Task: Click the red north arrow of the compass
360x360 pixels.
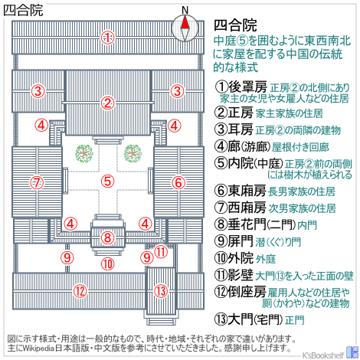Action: [x=185, y=22]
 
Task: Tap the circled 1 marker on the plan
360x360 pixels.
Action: [x=107, y=38]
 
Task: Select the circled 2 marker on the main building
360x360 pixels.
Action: [x=107, y=103]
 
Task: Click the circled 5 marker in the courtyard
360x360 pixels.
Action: [x=107, y=181]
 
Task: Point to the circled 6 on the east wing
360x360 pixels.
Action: [x=178, y=182]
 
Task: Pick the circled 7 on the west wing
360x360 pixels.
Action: [x=38, y=182]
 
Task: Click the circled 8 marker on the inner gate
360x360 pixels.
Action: [x=107, y=237]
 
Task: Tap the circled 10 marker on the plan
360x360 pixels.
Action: [x=108, y=263]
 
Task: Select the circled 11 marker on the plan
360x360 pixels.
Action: [x=161, y=251]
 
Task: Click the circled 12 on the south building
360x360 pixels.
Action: [x=80, y=291]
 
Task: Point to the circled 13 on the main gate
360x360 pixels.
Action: [x=161, y=291]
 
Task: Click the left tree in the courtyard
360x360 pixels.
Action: [x=84, y=153]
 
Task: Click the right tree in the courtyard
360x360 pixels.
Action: [x=133, y=153]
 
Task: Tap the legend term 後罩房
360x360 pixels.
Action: [x=247, y=87]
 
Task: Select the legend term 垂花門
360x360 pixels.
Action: [x=247, y=224]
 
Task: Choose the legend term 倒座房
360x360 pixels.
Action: [x=247, y=292]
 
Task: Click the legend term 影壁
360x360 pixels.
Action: [x=241, y=275]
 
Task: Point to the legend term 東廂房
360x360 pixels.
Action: [x=247, y=191]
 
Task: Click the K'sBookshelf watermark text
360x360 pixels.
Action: [x=323, y=355]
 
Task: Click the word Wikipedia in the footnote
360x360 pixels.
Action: [x=39, y=349]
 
